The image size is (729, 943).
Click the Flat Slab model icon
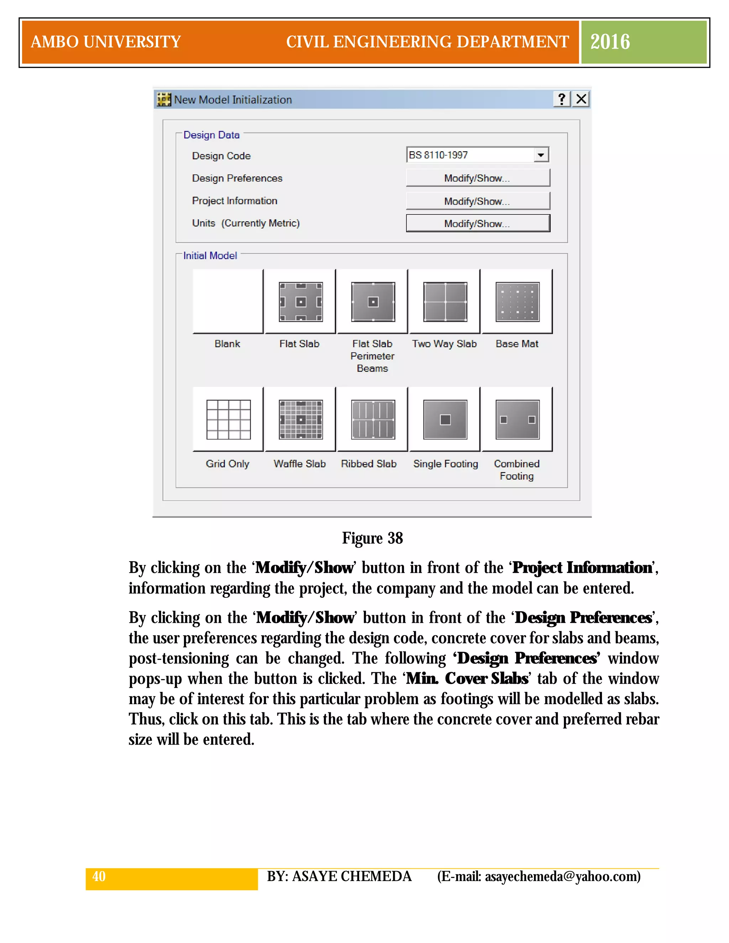300,302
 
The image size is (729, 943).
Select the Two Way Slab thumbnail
445,302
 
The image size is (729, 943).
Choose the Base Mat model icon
517,302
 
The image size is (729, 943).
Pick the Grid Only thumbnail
229,419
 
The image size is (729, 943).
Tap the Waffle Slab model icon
300,419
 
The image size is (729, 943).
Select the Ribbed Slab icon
373,419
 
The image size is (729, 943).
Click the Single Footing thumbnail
445,419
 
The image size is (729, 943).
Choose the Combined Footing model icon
517,419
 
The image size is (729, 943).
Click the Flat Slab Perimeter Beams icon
373,302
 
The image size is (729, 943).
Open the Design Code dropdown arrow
541,155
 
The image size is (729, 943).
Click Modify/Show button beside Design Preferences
478,178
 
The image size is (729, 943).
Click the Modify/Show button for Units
478,223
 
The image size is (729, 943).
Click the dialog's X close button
581,99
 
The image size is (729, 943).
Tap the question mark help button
562,99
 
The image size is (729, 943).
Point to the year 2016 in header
610,42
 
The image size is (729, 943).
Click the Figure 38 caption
372,538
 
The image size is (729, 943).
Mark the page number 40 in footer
99,876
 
